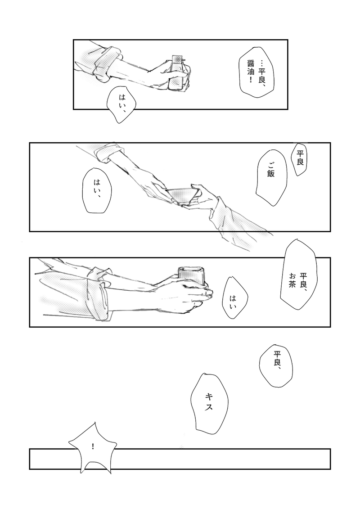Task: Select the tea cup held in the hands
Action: tap(191, 276)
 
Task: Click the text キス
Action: tap(209, 401)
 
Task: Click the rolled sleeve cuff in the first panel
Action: tap(105, 63)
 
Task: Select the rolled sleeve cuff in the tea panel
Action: tap(96, 293)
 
